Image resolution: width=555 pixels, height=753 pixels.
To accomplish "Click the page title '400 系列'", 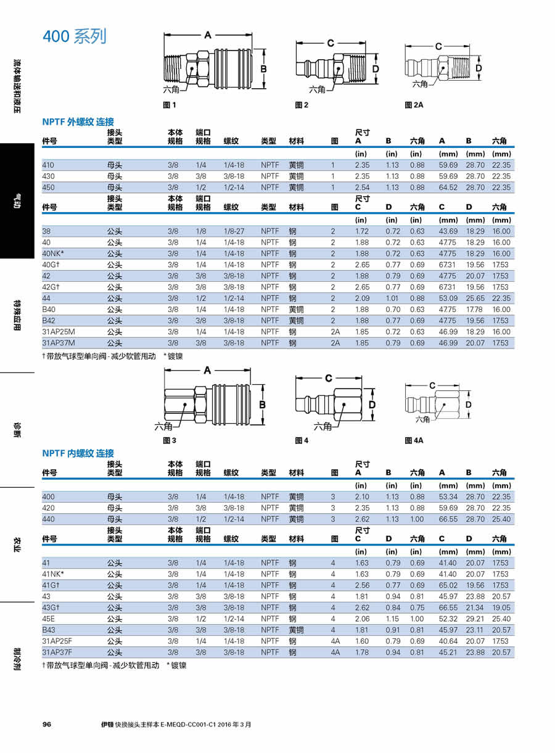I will tap(75, 36).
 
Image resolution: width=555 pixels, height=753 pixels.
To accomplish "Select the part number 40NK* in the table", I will tap(53, 253).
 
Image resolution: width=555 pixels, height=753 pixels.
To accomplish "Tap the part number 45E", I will tap(49, 619).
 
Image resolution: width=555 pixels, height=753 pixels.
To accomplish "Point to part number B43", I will tap(49, 630).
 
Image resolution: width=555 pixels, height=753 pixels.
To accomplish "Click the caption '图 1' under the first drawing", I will tap(170, 105).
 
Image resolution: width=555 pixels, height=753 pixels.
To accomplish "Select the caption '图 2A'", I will tap(414, 105).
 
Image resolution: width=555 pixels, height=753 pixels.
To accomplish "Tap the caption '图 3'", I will tap(170, 440).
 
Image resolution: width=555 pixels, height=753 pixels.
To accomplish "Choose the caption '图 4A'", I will tap(414, 440).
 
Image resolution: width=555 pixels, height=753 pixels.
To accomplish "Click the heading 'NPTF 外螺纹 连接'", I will tap(78, 122).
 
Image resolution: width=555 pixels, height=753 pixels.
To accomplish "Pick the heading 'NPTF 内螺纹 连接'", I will tap(78, 453).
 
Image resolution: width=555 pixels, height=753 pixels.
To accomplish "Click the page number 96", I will tap(47, 725).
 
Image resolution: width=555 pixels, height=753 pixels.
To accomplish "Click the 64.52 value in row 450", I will tap(448, 187).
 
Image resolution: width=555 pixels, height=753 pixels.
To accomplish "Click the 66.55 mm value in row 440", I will tap(448, 519).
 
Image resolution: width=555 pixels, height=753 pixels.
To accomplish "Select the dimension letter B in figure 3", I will tap(262, 405).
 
